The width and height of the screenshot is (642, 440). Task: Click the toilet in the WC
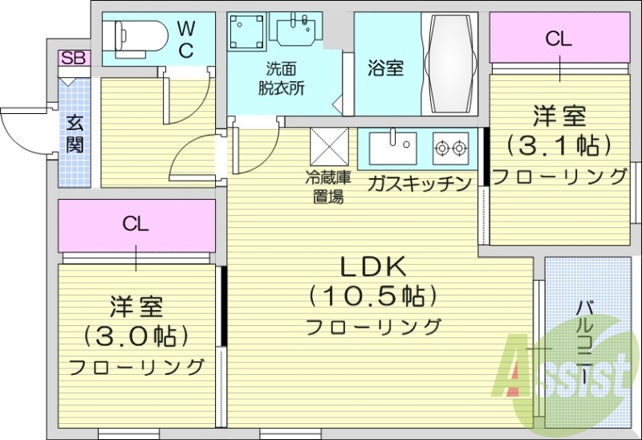tap(140, 35)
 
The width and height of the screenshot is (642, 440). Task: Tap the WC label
tap(185, 39)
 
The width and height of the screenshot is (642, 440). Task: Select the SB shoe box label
tap(74, 58)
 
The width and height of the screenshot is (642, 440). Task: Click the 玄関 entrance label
tap(75, 133)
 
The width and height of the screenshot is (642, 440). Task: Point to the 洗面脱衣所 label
tap(281, 79)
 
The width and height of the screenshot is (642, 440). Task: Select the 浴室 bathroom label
tap(385, 68)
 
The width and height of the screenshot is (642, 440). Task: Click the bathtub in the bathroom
tap(450, 64)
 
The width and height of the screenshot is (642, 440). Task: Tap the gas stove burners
tap(450, 148)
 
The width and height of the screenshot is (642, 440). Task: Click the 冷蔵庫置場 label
tap(326, 185)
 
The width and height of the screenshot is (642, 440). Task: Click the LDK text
tap(373, 266)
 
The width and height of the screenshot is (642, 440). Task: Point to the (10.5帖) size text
tap(373, 295)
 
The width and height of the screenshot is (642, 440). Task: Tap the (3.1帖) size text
tap(559, 145)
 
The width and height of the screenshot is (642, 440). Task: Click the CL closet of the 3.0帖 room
tap(136, 224)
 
